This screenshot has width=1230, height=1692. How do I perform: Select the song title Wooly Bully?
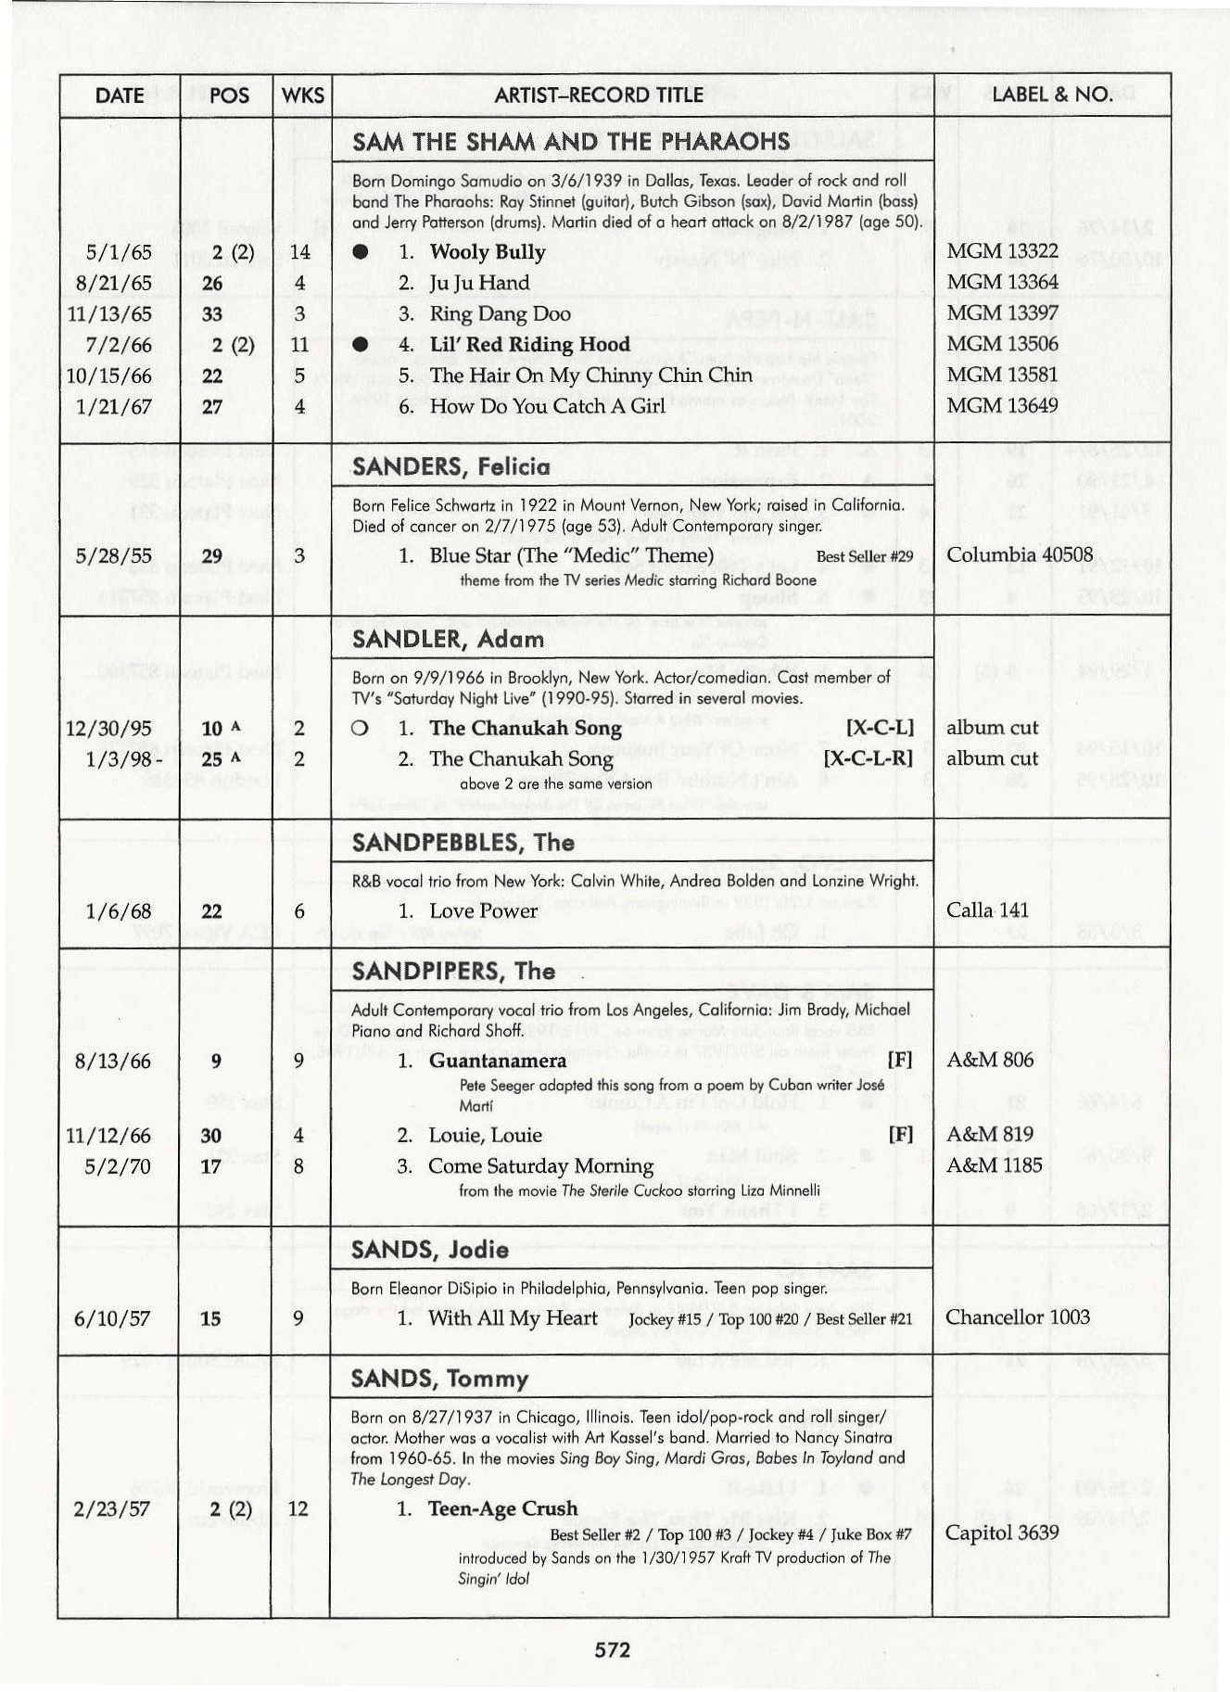(x=487, y=252)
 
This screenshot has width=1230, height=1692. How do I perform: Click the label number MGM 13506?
(x=1002, y=344)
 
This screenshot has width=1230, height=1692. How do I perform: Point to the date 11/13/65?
(x=109, y=314)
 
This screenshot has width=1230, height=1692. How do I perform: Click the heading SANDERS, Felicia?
(x=450, y=466)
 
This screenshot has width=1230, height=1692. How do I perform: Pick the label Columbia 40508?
(x=1019, y=554)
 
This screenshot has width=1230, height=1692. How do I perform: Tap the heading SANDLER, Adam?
(x=448, y=639)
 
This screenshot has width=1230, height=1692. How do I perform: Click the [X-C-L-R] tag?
(x=868, y=758)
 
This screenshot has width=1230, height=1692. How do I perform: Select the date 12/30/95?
(x=109, y=729)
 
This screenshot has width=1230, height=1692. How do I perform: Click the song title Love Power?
(x=483, y=910)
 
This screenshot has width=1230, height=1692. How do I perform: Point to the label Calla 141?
(x=987, y=910)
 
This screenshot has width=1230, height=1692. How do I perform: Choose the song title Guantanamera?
(x=498, y=1060)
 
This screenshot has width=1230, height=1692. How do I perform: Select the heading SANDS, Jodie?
(x=429, y=1250)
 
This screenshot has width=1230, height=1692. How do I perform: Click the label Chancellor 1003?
(x=1017, y=1317)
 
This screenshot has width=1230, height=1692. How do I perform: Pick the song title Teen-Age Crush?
(x=502, y=1508)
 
